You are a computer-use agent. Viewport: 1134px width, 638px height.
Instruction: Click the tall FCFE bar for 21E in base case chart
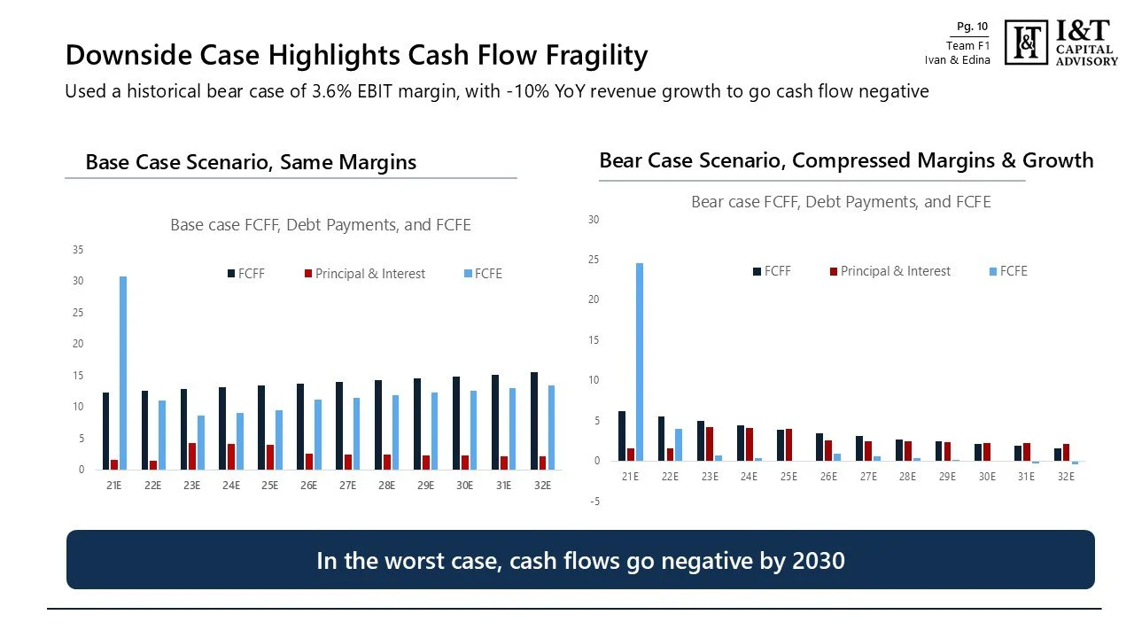(123, 372)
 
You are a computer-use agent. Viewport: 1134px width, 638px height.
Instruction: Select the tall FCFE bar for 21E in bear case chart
(639, 362)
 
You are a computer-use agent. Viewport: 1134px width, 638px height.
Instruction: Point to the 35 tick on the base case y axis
(78, 250)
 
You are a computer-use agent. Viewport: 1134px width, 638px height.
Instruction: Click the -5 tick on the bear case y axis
(594, 502)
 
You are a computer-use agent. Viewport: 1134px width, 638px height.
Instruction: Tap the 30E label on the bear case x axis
(987, 476)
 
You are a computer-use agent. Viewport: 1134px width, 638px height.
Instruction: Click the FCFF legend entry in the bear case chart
(772, 271)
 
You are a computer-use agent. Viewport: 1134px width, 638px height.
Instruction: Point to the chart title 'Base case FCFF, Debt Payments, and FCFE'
(321, 225)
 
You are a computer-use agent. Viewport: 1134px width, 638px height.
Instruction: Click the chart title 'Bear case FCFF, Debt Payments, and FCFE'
(841, 202)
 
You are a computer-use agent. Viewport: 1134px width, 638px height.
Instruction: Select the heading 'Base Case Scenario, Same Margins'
(251, 162)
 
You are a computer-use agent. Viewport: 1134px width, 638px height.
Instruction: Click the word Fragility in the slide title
(590, 55)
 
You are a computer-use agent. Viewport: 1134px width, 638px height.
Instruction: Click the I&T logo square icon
(1027, 42)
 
